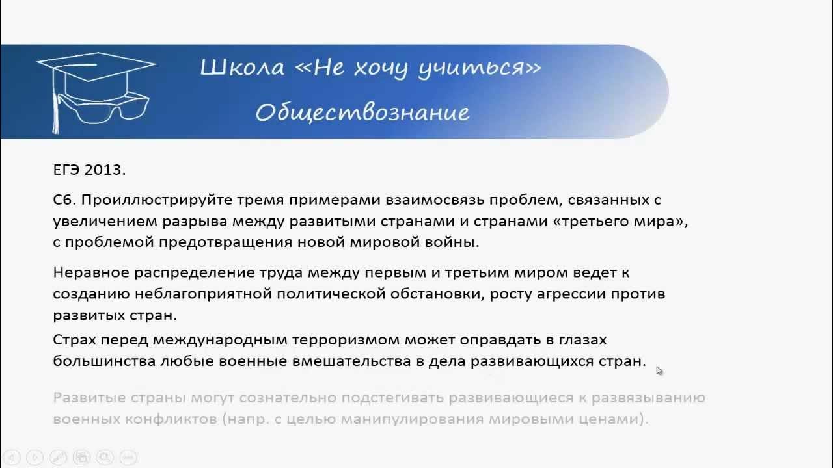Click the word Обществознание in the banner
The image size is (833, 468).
(x=362, y=112)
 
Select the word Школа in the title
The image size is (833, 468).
(x=242, y=67)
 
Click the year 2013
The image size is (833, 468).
(x=105, y=170)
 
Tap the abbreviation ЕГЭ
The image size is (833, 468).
(x=66, y=170)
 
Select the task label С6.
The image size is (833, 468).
(x=65, y=200)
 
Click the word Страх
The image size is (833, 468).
(x=74, y=340)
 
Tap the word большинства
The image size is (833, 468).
(x=103, y=361)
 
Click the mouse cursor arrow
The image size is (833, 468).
(x=659, y=370)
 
